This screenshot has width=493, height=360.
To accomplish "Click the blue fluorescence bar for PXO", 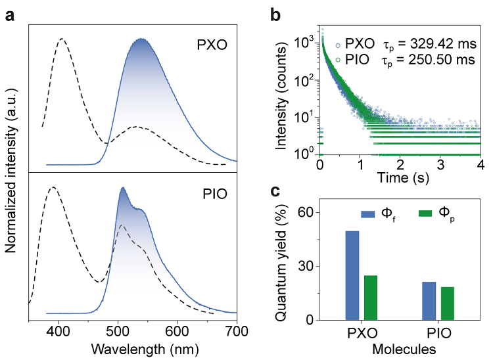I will [352, 275].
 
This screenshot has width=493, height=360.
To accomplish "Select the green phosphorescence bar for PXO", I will [371, 298].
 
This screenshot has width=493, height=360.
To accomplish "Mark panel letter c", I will [277, 191].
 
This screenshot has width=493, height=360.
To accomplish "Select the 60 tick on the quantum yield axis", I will [310, 213].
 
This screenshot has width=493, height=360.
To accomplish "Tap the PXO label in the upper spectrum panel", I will [211, 47].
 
